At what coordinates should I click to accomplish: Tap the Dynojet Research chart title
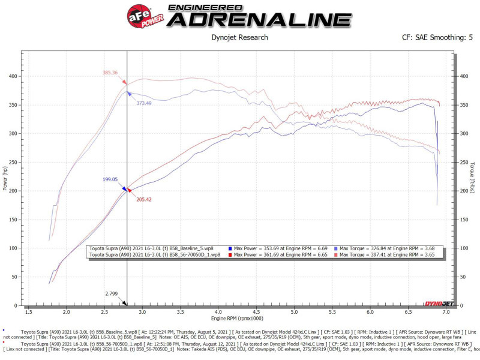[240, 38]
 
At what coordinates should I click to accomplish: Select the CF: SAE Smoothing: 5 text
[437, 38]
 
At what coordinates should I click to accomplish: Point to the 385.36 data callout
[110, 73]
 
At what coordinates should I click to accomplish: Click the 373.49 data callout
[143, 103]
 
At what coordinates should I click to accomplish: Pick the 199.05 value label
[110, 179]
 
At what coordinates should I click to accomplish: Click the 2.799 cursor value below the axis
[112, 294]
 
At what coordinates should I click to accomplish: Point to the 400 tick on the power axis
[14, 77]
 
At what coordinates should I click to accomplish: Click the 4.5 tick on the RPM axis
[256, 313]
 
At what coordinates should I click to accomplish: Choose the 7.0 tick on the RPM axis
[446, 313]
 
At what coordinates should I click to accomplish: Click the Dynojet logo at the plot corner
[436, 304]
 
